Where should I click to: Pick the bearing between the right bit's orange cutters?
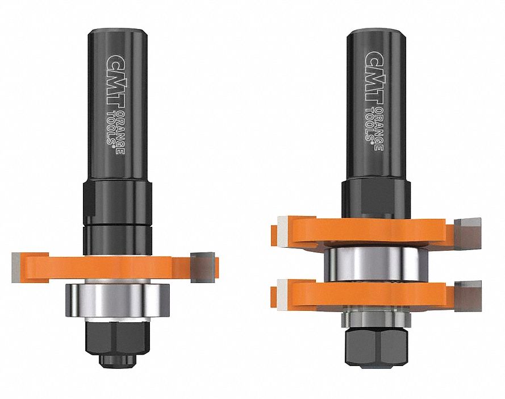(372, 265)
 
